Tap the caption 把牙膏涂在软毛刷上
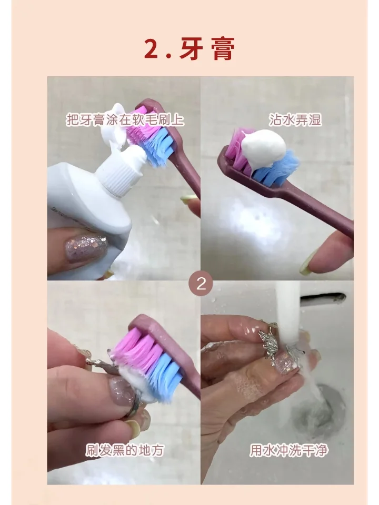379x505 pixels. click(125, 119)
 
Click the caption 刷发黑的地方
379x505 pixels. click(125, 450)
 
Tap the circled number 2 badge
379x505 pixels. click(201, 285)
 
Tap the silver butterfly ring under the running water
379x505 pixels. click(275, 347)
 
